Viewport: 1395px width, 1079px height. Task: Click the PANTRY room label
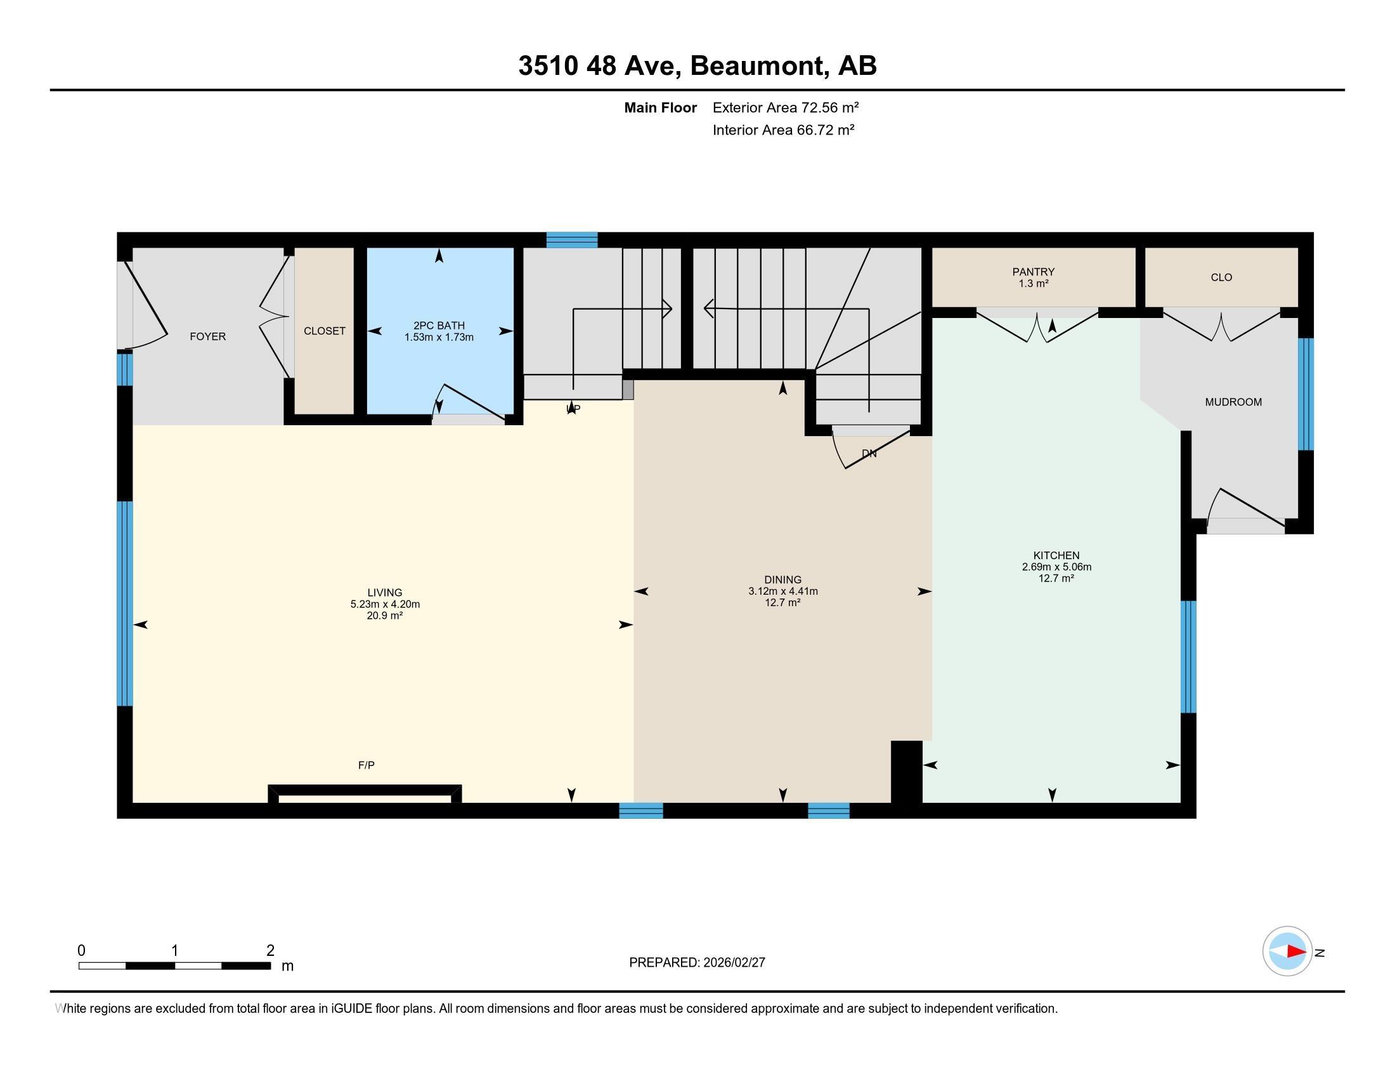click(x=1033, y=272)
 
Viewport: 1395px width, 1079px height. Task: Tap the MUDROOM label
click(x=1233, y=402)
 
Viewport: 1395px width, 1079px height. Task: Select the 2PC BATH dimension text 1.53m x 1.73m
click(x=439, y=338)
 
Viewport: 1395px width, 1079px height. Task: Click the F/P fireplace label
click(x=366, y=765)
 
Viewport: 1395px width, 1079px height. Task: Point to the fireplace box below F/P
click(x=365, y=795)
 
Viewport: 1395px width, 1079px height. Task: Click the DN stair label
click(x=869, y=454)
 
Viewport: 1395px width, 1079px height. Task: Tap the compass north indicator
click(x=1287, y=951)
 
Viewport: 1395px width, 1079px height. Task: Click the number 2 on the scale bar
click(x=270, y=951)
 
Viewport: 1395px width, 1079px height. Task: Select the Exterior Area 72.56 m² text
click(x=785, y=107)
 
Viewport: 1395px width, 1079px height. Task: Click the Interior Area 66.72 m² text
click(x=783, y=130)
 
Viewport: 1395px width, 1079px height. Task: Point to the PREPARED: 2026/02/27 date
click(x=697, y=963)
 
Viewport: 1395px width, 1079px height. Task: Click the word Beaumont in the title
click(x=756, y=66)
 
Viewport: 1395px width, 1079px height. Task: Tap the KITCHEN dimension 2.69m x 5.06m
click(x=1056, y=567)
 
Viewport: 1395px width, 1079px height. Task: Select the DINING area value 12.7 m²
click(x=782, y=603)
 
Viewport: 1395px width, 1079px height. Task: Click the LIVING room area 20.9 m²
click(x=384, y=616)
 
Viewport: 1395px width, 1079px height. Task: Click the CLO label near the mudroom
click(x=1221, y=277)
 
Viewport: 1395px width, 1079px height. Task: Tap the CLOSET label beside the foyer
click(x=325, y=331)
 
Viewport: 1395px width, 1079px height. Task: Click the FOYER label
click(x=207, y=336)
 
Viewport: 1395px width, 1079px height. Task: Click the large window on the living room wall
click(x=125, y=604)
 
